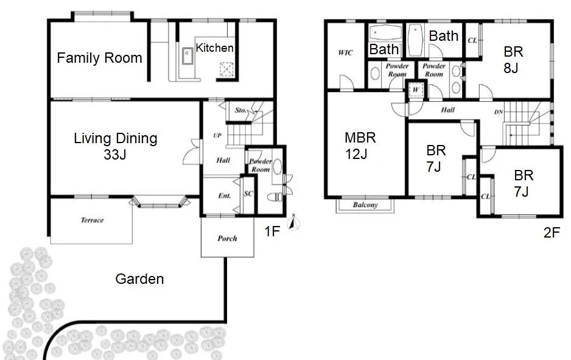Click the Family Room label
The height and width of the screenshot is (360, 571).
pyautogui.click(x=99, y=58)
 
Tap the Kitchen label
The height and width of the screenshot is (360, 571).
pyautogui.click(x=214, y=48)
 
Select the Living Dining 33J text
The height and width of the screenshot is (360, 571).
pyautogui.click(x=116, y=146)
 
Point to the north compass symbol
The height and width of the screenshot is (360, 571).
pyautogui.click(x=293, y=223)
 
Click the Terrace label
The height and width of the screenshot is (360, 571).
pyautogui.click(x=92, y=220)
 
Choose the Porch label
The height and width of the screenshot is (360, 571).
pyautogui.click(x=227, y=238)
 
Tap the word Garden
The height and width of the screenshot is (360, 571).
pyautogui.click(x=139, y=279)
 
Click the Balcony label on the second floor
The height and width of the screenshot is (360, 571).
pyautogui.click(x=365, y=205)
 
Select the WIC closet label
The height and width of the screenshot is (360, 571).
pyautogui.click(x=345, y=53)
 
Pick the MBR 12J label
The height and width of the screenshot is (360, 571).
pyautogui.click(x=360, y=146)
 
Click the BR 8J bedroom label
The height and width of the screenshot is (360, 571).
pyautogui.click(x=513, y=60)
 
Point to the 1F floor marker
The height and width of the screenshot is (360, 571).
pyautogui.click(x=272, y=231)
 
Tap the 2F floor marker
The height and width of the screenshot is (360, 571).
pyautogui.click(x=552, y=233)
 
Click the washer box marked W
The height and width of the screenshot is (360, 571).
pyautogui.click(x=416, y=90)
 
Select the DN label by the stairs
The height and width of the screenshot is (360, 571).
pyautogui.click(x=499, y=112)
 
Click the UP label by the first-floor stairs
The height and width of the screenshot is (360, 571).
pyautogui.click(x=217, y=136)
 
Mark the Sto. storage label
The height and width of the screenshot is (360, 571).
pyautogui.click(x=240, y=110)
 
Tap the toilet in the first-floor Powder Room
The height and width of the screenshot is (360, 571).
pyautogui.click(x=275, y=197)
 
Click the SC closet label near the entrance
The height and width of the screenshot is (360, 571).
pyautogui.click(x=248, y=194)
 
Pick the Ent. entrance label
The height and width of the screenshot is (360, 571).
pyautogui.click(x=224, y=196)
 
